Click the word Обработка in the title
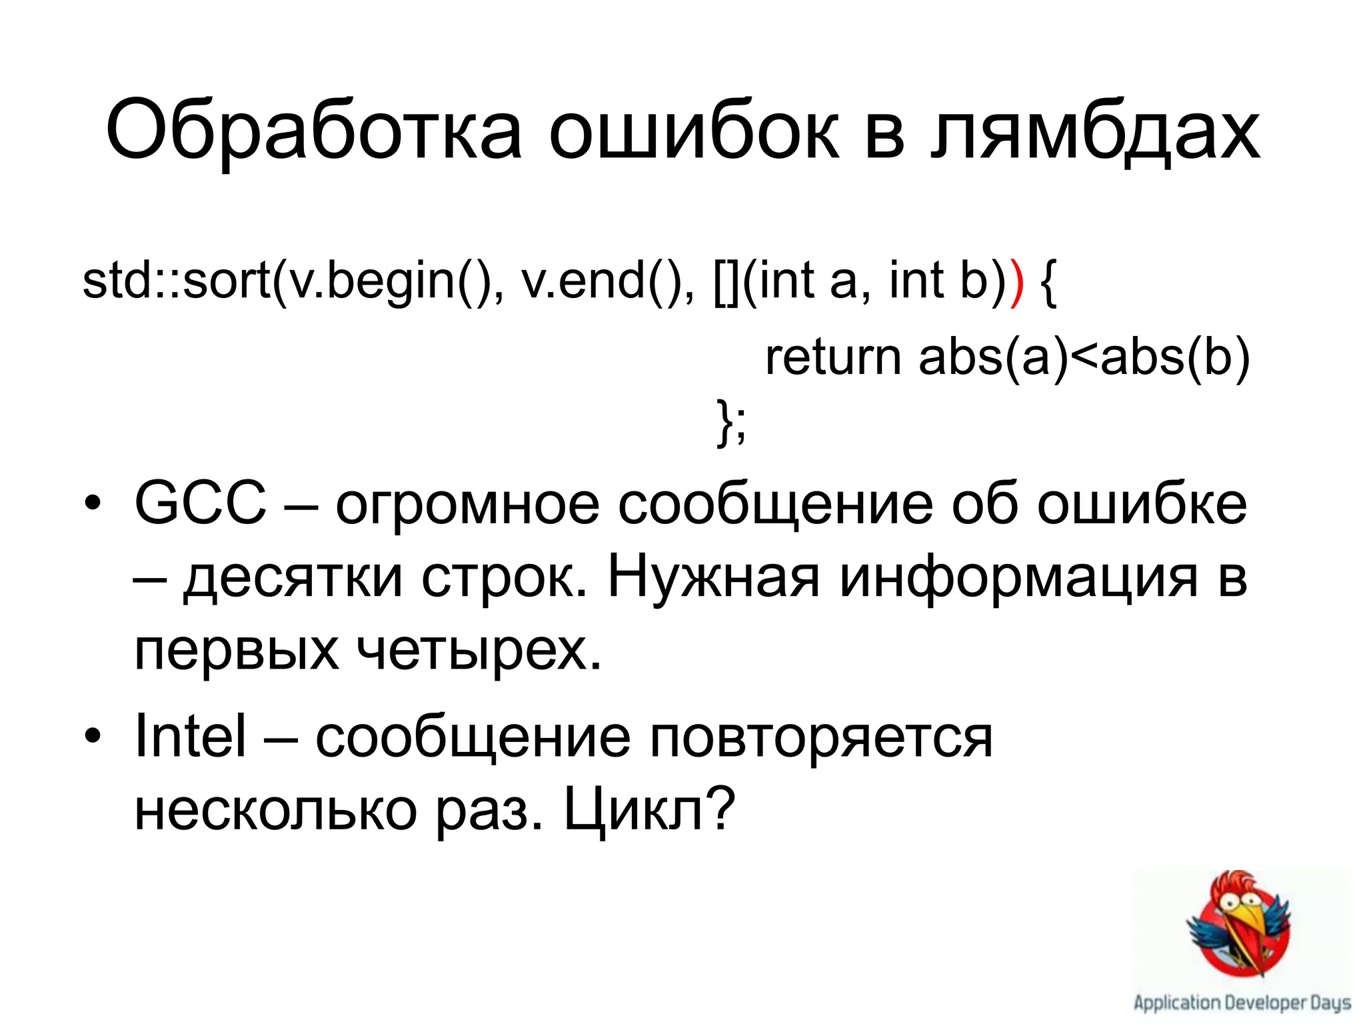coord(313,130)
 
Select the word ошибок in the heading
coord(693,130)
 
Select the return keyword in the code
coord(833,357)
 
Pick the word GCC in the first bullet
coord(200,503)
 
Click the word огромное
coord(467,503)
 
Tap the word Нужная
coord(713,576)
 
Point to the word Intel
coord(191,736)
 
